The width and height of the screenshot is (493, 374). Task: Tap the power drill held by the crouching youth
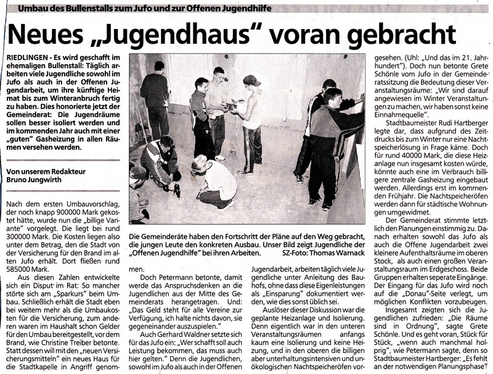coord(176,191)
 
